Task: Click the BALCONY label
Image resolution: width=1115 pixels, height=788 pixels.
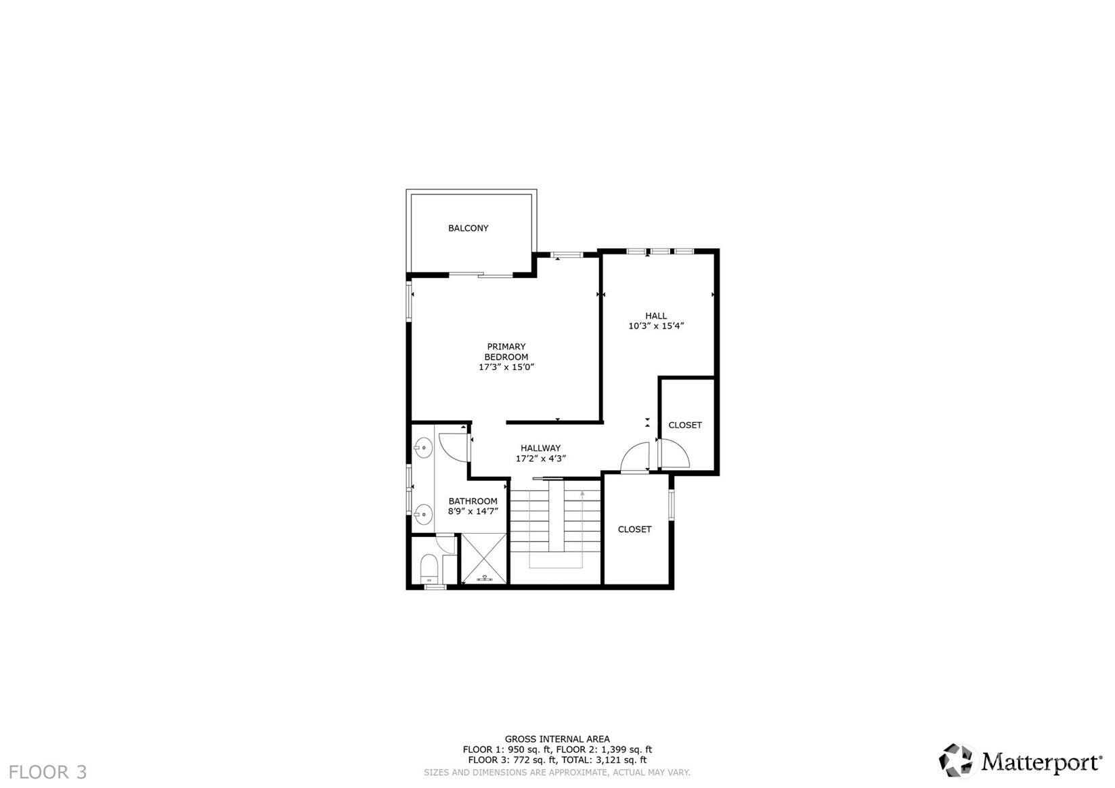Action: coord(468,229)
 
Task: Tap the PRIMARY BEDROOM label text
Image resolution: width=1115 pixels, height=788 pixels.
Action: coord(506,352)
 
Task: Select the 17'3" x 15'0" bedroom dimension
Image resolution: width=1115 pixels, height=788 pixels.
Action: coord(506,367)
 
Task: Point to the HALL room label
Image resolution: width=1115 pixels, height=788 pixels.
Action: coord(655,316)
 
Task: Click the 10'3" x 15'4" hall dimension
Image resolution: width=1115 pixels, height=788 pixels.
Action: coord(655,326)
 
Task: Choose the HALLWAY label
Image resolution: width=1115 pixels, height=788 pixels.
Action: coord(540,448)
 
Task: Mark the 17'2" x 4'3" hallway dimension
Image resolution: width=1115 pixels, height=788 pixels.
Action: coord(540,459)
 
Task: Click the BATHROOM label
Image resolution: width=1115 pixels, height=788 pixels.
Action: coord(473,501)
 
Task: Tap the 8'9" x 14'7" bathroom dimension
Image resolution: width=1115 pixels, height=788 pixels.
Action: coord(473,511)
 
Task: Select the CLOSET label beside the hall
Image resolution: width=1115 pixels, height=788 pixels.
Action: coord(684,425)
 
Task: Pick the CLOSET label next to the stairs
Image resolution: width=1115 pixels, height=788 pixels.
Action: coord(634,530)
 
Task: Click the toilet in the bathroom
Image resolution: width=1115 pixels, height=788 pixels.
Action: coord(429,567)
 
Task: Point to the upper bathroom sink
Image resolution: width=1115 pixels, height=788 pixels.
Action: coord(423,447)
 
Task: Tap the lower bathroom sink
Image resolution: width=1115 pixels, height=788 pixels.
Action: coord(423,514)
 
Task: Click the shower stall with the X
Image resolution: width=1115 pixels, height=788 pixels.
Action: coord(483,558)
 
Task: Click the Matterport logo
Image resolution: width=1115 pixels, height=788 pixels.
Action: coord(1020,761)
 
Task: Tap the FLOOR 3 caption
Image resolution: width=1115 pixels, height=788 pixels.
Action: coord(48,772)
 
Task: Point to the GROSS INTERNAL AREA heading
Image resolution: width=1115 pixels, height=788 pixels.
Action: coord(556,739)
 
